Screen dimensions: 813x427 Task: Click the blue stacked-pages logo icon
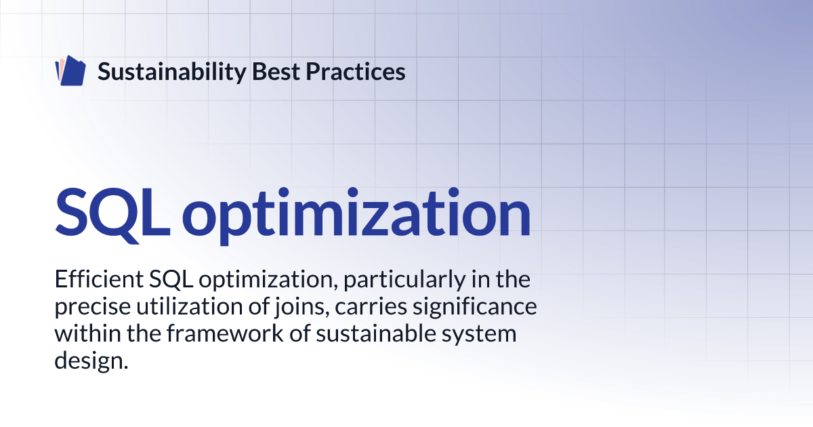point(70,70)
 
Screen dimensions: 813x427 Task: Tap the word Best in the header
point(276,71)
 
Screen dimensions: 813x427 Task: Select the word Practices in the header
point(355,71)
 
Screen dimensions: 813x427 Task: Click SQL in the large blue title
point(112,215)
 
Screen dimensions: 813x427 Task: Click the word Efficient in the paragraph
point(99,279)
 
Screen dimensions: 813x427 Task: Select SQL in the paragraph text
point(171,280)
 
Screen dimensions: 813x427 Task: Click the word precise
point(93,307)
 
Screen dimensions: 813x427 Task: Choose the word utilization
point(190,306)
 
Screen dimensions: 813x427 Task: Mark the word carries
point(371,307)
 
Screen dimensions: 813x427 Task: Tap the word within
point(87,333)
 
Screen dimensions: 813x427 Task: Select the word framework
point(225,333)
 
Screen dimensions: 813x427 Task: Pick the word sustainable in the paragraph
point(375,333)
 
